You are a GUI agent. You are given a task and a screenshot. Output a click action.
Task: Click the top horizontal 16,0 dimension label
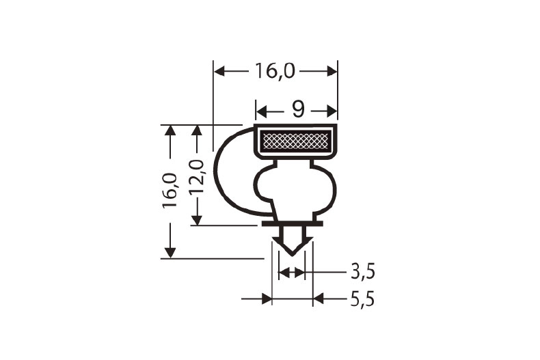[276, 70]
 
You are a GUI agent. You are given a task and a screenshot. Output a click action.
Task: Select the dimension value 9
[297, 109]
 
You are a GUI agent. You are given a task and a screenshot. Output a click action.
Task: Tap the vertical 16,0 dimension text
[170, 191]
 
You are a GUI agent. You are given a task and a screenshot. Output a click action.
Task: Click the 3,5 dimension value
[363, 272]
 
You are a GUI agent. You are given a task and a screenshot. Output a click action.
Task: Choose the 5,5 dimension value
[363, 299]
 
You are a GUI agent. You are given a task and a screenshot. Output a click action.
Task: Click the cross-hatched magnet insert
[296, 142]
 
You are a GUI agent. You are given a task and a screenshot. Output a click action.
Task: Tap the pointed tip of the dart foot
[293, 253]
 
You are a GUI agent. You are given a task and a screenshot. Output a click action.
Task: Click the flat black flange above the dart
[292, 223]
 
